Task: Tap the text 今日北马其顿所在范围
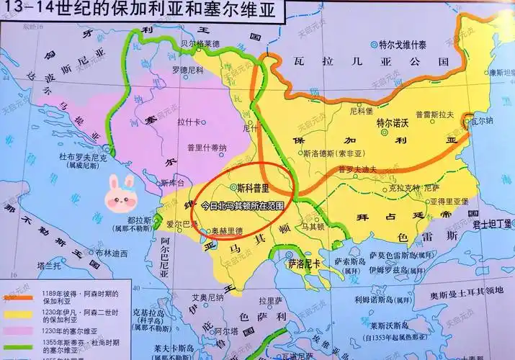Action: coord(242,204)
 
